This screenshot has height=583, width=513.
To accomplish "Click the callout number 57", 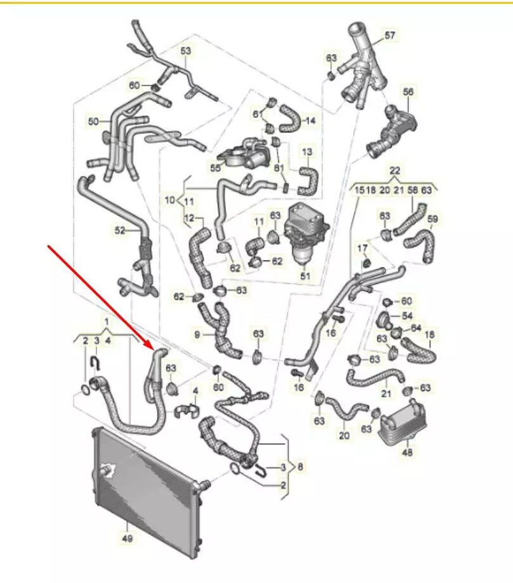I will (389, 35).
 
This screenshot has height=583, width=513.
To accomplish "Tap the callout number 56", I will (408, 92).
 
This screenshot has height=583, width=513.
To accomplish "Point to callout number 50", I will (93, 120).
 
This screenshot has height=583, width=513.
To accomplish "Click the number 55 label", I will (216, 168).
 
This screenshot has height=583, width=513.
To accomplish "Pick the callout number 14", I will (310, 120).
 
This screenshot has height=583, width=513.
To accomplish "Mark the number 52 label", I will (120, 231).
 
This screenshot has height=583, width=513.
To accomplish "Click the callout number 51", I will (305, 276).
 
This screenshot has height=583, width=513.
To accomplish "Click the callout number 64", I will (416, 328).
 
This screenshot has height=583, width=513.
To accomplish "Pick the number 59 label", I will (432, 219).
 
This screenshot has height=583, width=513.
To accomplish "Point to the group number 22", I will (394, 171).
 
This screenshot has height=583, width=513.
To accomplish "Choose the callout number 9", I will (197, 334).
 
